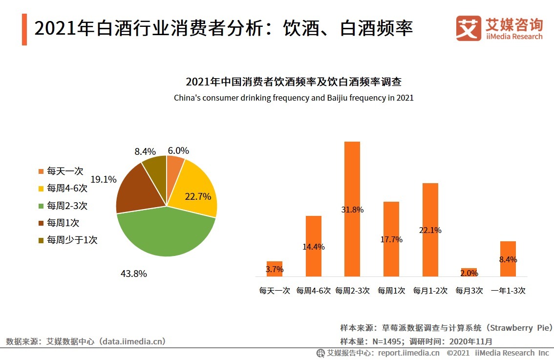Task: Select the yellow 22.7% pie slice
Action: click(195, 191)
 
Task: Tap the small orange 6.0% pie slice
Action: click(174, 166)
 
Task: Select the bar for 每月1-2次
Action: click(430, 230)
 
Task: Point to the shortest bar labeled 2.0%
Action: click(469, 273)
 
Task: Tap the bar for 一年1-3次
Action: click(508, 259)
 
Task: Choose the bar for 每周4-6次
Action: click(314, 246)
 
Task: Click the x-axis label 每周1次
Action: click(391, 291)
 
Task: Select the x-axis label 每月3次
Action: click(469, 291)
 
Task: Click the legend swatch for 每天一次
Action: click(41, 171)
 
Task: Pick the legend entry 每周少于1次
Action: click(72, 240)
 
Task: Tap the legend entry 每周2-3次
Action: click(67, 206)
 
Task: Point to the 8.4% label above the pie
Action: click(145, 151)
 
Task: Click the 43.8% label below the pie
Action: click(134, 274)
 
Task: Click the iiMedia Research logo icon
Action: click(469, 28)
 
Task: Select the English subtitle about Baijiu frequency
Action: click(294, 98)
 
